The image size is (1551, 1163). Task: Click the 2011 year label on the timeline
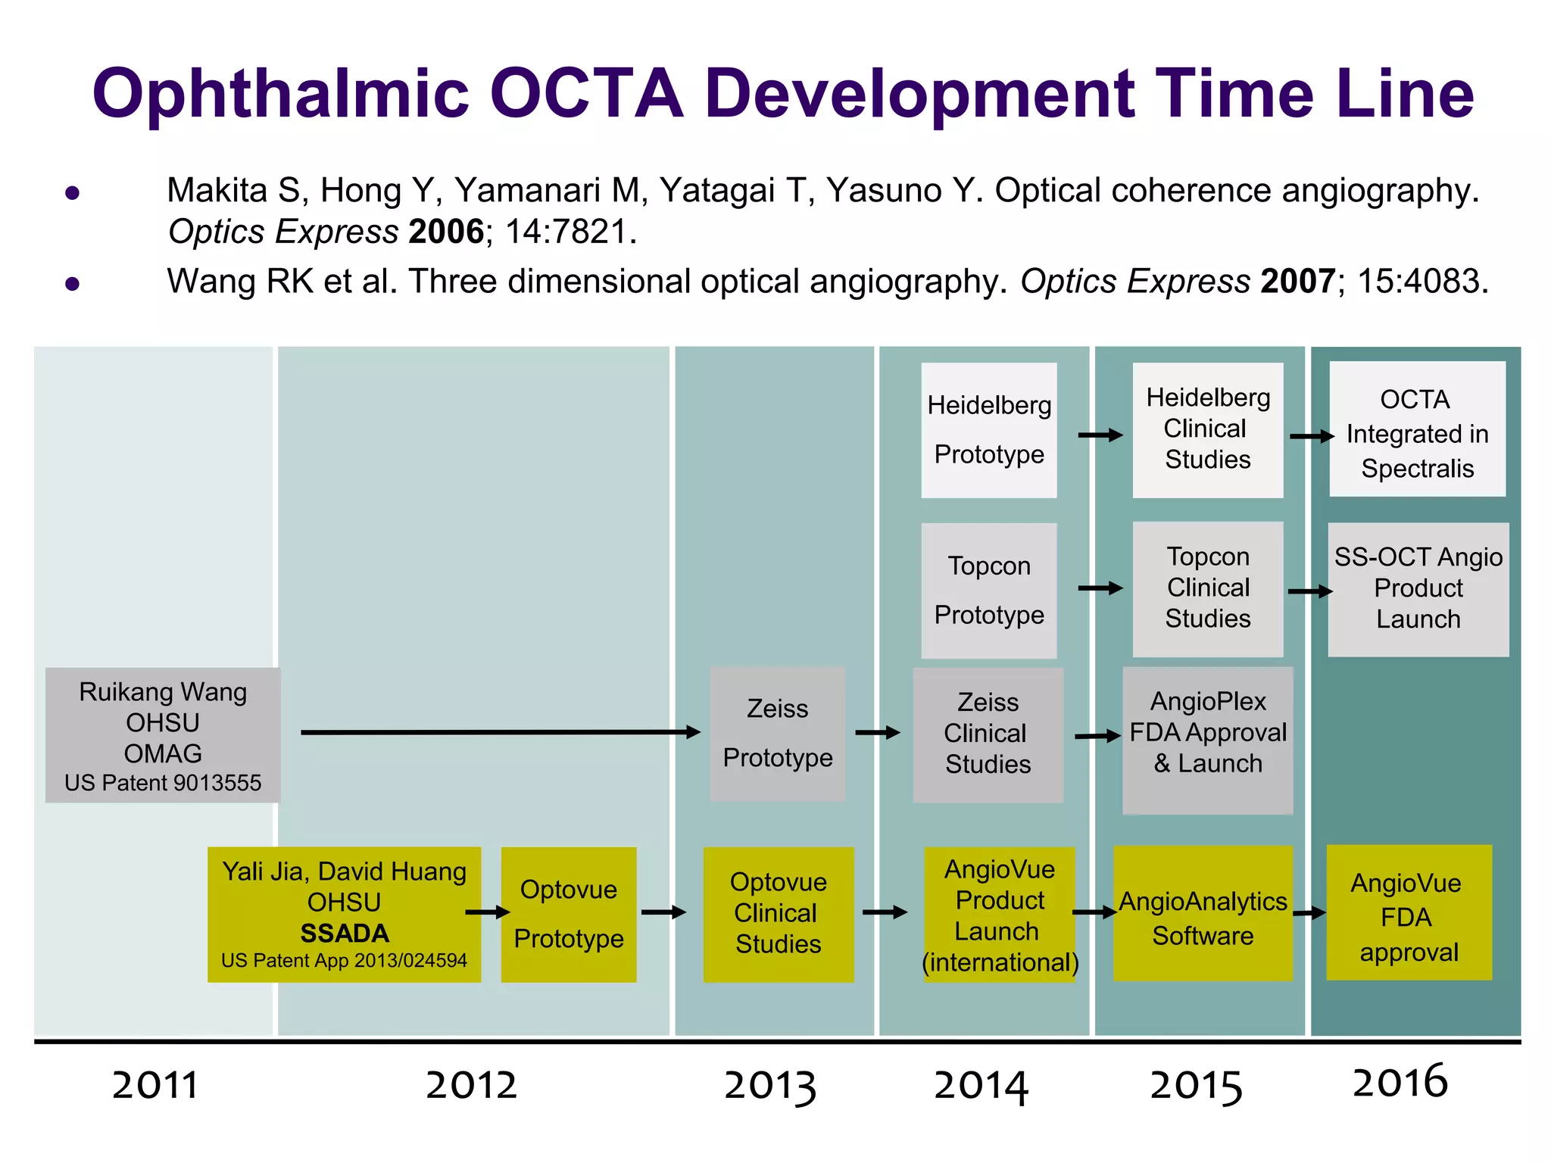point(155,1085)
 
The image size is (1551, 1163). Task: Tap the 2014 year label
point(981,1085)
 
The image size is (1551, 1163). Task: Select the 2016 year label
point(1400,1081)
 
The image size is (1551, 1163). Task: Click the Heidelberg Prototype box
point(989,430)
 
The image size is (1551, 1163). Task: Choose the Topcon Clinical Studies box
point(1208,588)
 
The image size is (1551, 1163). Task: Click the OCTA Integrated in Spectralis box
point(1418,429)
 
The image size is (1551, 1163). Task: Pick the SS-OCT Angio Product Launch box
point(1418,589)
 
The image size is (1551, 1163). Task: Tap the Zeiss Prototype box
point(778,734)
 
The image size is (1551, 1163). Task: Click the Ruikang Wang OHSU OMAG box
point(163,735)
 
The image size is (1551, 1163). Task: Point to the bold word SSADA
point(345,934)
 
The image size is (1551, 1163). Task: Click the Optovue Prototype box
point(569,915)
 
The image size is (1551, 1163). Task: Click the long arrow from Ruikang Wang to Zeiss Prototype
point(500,732)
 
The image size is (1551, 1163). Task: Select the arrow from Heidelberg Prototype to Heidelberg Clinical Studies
point(1100,435)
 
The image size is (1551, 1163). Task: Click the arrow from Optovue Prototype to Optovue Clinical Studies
point(663,912)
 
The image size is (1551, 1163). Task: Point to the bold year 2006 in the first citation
point(446,232)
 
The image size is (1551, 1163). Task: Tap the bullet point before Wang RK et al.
point(73,284)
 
